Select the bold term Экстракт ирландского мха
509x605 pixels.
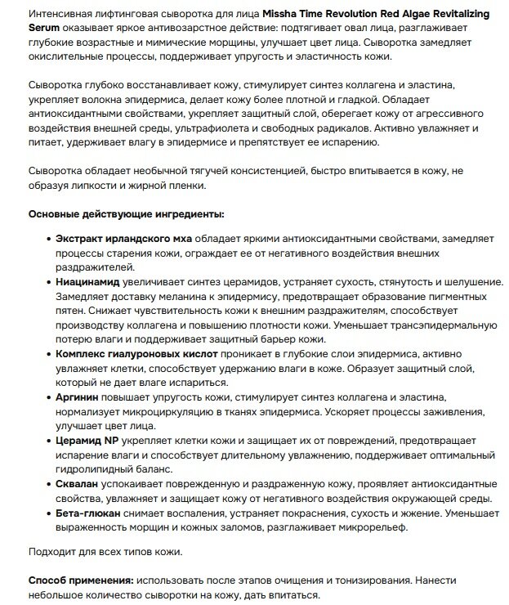(x=124, y=238)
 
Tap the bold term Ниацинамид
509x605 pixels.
(x=91, y=280)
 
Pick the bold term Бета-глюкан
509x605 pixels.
(x=88, y=513)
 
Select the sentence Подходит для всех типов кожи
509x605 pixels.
(x=105, y=551)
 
